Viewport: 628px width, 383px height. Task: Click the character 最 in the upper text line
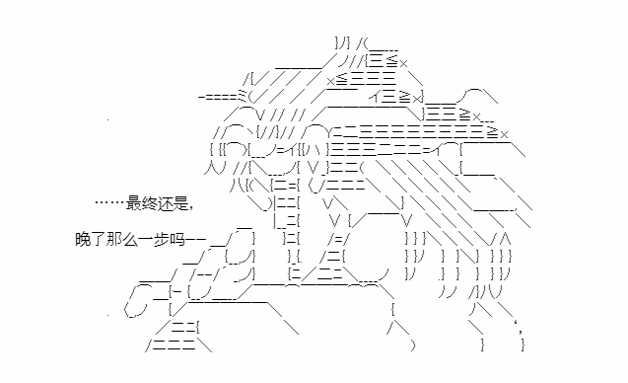(x=134, y=203)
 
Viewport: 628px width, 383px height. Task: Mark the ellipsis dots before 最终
(x=110, y=202)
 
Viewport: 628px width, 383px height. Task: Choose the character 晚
(x=83, y=240)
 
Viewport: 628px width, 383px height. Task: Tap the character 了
(x=99, y=240)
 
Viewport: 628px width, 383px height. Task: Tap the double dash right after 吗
(x=195, y=240)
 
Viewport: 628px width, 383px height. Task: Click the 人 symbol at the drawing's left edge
(x=209, y=167)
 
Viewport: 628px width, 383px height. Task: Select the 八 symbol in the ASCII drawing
(x=237, y=185)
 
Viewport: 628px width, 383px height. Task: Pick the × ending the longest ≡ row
(x=504, y=134)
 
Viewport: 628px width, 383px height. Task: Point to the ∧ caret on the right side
(x=506, y=239)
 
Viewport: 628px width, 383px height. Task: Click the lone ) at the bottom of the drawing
(x=413, y=345)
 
